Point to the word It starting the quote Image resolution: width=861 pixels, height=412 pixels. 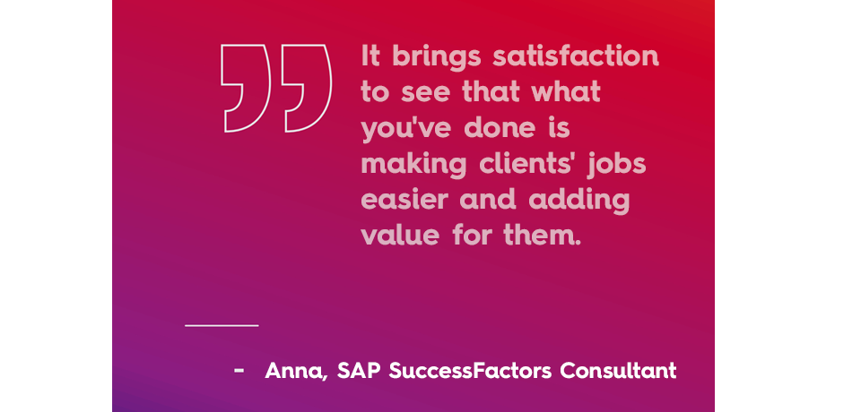tap(370, 56)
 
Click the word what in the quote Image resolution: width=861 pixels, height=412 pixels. tap(566, 91)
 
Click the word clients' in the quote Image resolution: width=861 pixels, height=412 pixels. tap(527, 163)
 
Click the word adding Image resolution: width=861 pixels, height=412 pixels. tap(579, 202)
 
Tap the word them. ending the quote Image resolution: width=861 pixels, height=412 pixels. tap(542, 235)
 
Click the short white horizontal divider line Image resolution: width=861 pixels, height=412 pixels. tap(222, 325)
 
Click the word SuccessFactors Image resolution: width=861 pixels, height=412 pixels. tap(470, 371)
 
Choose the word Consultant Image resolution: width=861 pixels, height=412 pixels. tap(618, 371)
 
